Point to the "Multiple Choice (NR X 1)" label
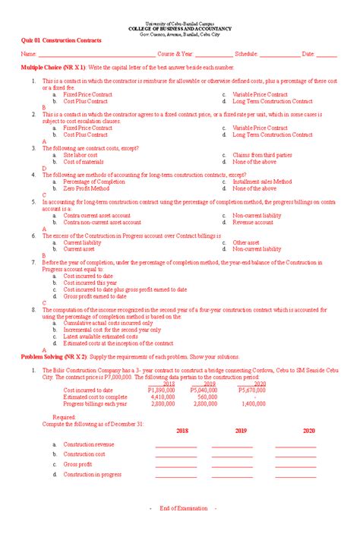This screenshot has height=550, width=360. [53, 68]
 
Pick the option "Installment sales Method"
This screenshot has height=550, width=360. [262, 182]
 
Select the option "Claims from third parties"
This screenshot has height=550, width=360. [262, 155]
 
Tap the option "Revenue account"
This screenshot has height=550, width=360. [253, 223]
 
